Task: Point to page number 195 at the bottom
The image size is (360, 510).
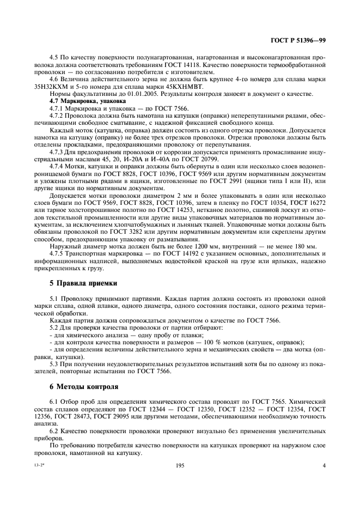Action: [180, 466]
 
